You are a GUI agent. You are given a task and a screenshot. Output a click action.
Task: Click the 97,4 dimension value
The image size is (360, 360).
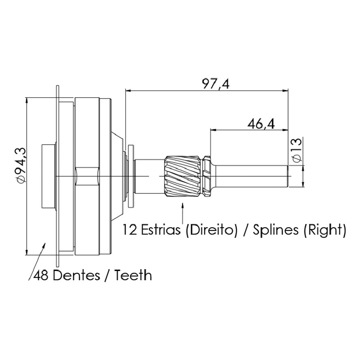point(215,84)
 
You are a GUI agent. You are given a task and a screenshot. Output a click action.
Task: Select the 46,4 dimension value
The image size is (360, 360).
point(261,124)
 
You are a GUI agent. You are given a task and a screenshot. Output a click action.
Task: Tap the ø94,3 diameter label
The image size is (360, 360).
point(21,165)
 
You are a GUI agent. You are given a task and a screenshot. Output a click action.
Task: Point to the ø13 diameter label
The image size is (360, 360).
point(297,150)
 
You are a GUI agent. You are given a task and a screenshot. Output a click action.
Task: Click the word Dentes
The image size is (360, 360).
point(77,275)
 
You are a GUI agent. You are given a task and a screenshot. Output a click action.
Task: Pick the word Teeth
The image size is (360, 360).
point(133,275)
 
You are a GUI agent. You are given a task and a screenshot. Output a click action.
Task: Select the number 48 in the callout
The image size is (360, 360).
point(41,275)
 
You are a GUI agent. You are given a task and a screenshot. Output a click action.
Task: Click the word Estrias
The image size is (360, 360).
point(161,230)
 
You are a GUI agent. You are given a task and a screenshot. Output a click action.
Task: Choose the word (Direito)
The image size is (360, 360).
point(211,230)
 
